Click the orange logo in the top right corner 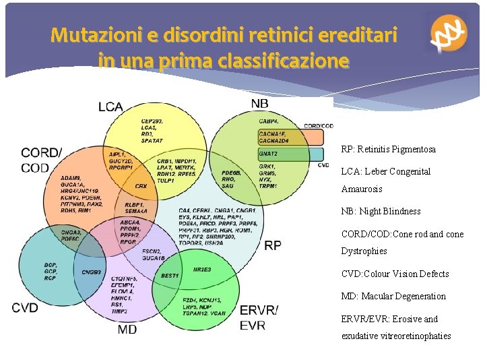[x=449, y=34]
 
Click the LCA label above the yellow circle [x=110, y=106]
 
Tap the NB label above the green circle [x=260, y=103]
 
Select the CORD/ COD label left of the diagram [x=42, y=160]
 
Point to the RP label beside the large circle [x=273, y=246]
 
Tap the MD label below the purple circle [x=127, y=329]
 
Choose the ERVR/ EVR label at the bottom [x=259, y=317]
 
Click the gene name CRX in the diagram [x=141, y=185]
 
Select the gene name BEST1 [x=170, y=276]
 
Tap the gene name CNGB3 [x=91, y=273]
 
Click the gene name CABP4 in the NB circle [x=269, y=121]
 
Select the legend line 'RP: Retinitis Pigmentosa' [x=388, y=149]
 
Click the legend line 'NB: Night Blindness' [x=381, y=211]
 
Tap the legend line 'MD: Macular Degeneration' [x=393, y=296]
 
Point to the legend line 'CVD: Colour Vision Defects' [x=395, y=274]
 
